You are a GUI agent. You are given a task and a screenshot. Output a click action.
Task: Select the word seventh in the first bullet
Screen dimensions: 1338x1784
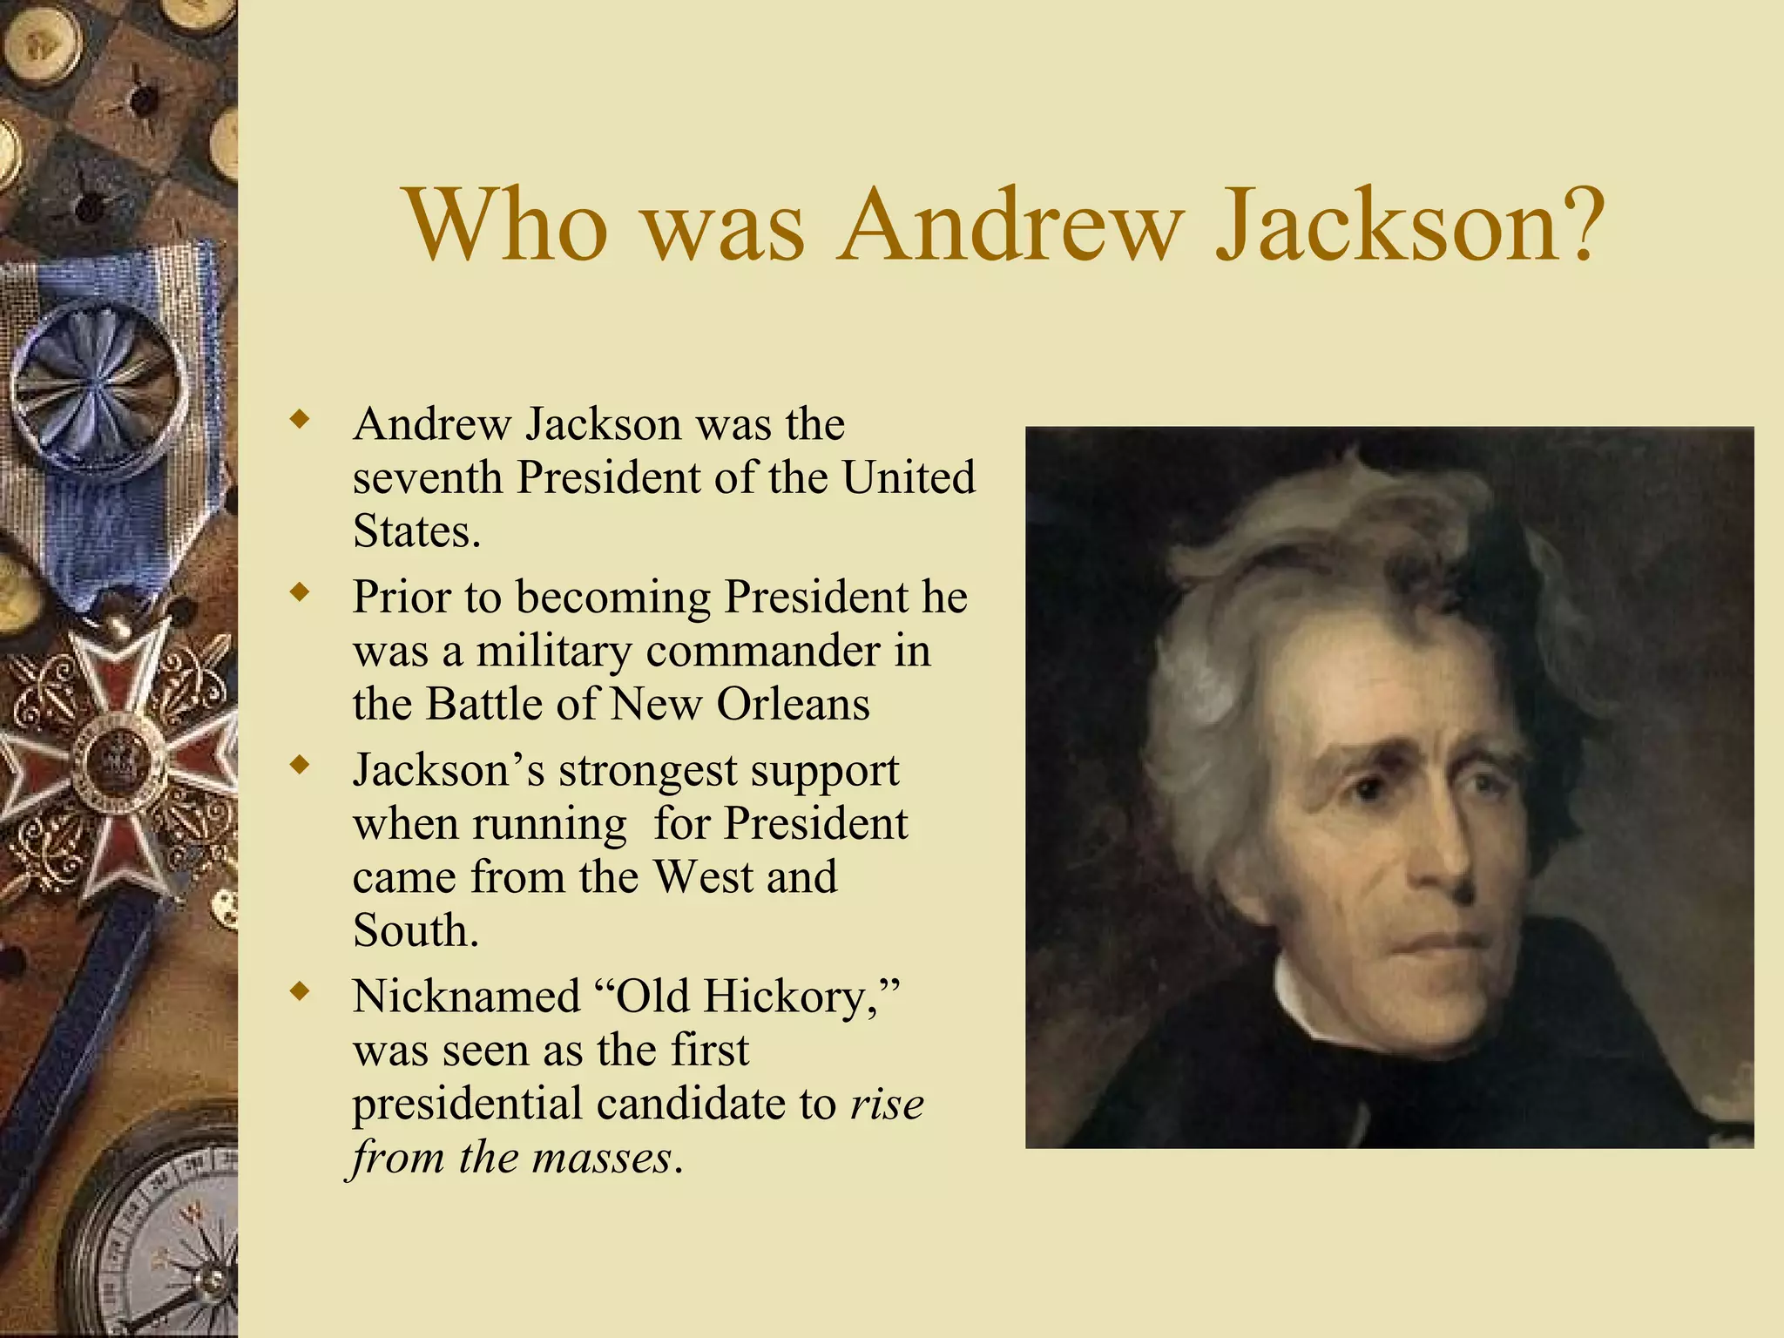[427, 478]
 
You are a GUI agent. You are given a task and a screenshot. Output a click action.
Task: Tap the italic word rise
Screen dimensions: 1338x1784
[887, 1104]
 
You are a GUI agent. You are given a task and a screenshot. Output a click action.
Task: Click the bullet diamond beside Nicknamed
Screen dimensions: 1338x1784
[300, 991]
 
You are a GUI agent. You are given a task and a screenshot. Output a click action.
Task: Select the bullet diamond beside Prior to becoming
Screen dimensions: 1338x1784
[300, 593]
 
